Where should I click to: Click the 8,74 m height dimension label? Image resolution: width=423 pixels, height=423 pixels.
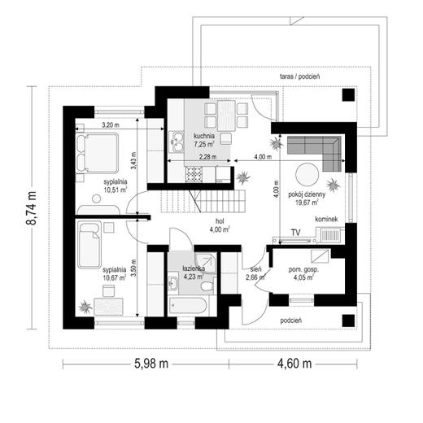coord(31,208)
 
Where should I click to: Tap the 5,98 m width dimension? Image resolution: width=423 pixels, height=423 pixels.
coord(151,364)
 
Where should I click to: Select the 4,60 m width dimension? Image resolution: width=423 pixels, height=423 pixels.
coord(294,364)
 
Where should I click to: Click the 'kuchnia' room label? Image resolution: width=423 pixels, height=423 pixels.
coord(204,136)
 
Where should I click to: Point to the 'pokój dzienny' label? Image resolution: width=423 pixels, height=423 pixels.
coord(307,194)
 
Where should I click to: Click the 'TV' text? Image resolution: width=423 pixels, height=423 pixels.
coord(295,233)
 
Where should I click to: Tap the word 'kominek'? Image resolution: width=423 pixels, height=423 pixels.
coord(326,219)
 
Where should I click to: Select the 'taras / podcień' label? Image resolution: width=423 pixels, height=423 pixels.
coord(299,76)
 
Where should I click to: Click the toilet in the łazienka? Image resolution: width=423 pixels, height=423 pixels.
coord(207,286)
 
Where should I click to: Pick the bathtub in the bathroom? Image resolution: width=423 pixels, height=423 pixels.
coord(187,306)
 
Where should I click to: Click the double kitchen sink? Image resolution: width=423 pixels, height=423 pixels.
coord(177,141)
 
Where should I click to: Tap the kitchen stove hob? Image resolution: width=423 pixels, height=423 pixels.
coord(194,174)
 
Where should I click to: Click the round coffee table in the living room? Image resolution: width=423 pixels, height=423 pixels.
coord(307,174)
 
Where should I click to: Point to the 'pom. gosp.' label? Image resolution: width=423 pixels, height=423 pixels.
coord(303,270)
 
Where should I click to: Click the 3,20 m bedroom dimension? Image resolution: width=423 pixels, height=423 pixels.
coord(111,125)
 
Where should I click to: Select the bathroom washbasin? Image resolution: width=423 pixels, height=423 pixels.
coord(172,283)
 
